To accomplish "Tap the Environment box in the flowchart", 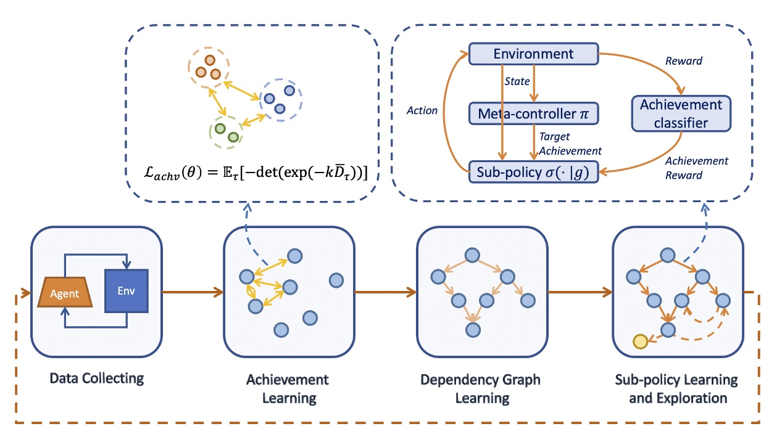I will point(533,54).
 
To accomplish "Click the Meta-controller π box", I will point(533,113).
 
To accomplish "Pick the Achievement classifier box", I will point(681,113).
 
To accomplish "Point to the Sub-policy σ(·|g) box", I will point(533,172).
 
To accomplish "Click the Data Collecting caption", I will point(96,377).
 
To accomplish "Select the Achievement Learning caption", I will point(289,388).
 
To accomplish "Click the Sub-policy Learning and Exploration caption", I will point(678,388).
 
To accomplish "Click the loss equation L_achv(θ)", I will point(253,174).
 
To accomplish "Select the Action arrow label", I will point(422,111).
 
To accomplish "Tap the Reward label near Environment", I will point(683,62).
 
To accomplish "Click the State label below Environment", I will point(517,81).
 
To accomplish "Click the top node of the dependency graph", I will point(473,255).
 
